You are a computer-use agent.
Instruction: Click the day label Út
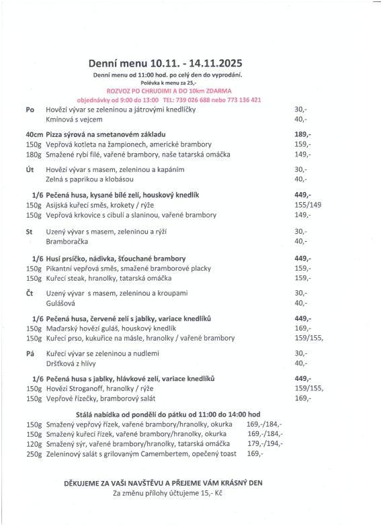30,170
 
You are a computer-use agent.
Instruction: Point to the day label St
30,231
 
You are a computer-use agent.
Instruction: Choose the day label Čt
30,293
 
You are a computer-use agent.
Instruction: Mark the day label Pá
30,353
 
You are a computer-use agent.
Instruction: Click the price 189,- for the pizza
303,134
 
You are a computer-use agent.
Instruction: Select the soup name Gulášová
60,303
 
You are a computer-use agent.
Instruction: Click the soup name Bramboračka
66,241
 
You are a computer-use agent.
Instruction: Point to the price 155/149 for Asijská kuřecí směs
308,205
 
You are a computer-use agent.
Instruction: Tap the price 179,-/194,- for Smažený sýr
265,443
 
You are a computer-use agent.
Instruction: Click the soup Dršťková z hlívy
72,363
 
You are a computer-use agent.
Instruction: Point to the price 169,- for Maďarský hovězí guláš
302,328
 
